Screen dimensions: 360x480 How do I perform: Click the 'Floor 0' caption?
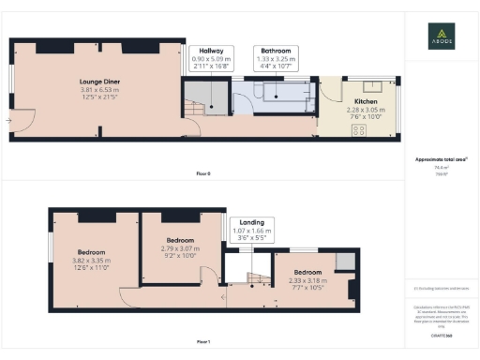pos(203,173)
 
